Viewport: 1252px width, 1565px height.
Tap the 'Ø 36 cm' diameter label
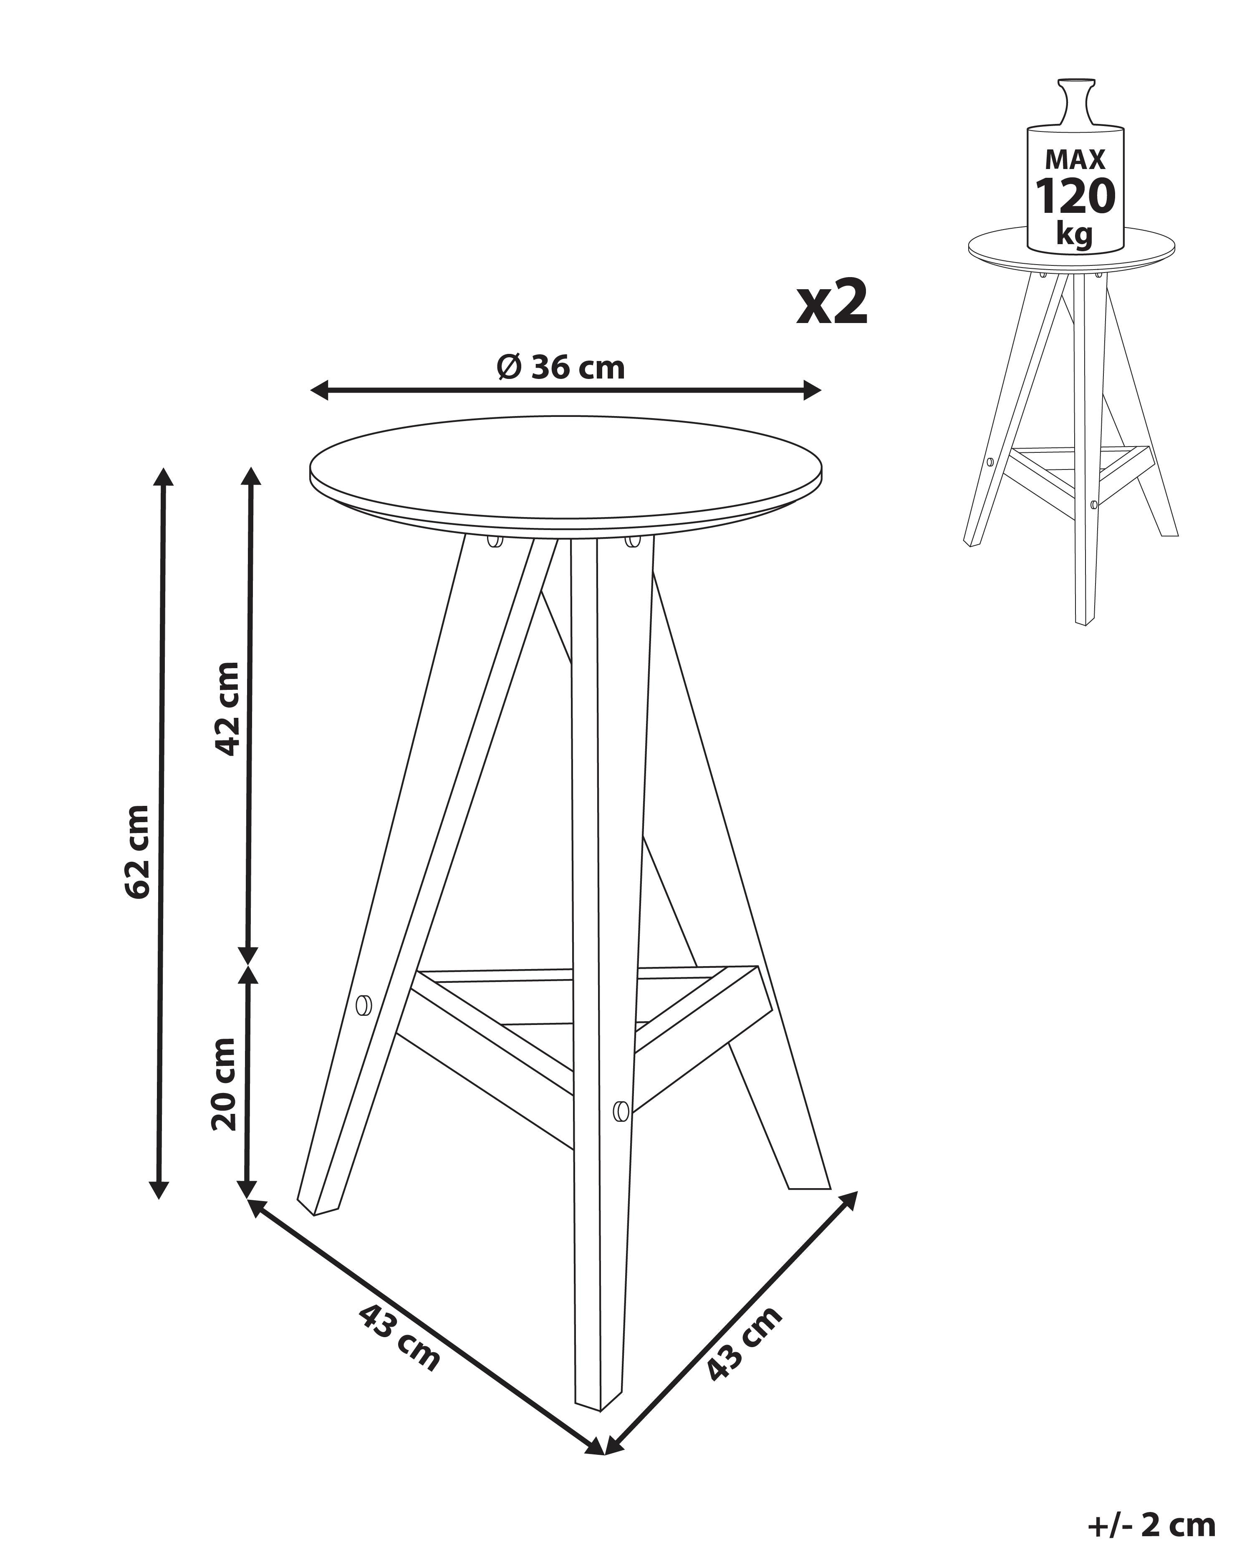(560, 368)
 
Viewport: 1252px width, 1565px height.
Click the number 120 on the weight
(1075, 196)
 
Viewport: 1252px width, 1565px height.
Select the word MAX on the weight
(1075, 159)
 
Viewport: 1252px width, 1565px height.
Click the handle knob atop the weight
(1075, 102)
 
